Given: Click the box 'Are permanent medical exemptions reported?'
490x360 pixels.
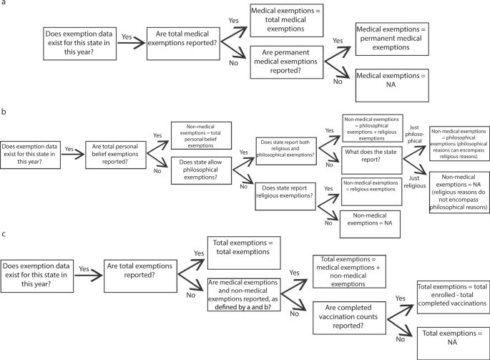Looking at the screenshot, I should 292,64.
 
